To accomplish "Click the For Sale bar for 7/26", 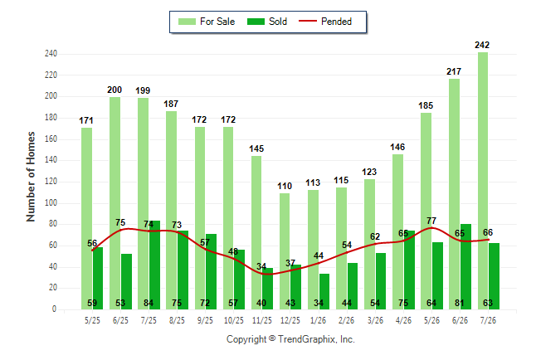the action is tap(483, 181).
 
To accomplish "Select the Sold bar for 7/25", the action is tap(154, 265).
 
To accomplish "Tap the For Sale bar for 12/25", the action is tap(285, 251).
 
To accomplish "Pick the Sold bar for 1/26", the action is tap(324, 291).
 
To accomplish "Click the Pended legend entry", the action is tap(325, 22).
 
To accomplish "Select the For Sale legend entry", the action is tap(207, 22).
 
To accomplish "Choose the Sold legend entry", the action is tap(267, 22).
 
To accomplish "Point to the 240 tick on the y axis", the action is tap(51, 54).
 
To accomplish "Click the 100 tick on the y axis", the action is tap(51, 202).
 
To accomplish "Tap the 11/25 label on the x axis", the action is tap(262, 320).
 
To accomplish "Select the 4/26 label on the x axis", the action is tap(403, 320).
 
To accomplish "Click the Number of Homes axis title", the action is tap(31, 177).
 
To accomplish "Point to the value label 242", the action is tap(482, 45).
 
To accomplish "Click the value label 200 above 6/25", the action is tap(115, 90).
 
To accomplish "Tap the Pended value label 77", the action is tap(431, 221).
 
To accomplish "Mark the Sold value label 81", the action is tap(460, 303).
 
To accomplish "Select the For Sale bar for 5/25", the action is tap(86, 218).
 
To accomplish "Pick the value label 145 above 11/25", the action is tap(256, 148).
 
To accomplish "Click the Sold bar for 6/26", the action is tap(465, 266).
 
